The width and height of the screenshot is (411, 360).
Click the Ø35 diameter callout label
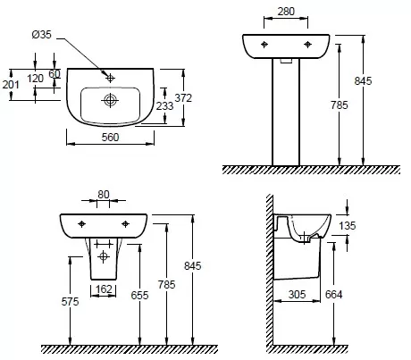(x=41, y=35)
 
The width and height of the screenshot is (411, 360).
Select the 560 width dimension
(x=110, y=138)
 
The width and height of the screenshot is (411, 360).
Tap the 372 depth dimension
(x=183, y=97)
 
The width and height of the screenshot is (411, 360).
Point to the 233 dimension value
(x=164, y=105)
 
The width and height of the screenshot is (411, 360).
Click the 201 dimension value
(x=11, y=85)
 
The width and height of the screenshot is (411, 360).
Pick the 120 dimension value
(x=35, y=79)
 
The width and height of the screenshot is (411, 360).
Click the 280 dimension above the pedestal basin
(x=286, y=12)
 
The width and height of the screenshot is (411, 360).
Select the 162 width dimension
(x=104, y=289)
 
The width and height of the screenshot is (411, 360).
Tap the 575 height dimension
(x=70, y=302)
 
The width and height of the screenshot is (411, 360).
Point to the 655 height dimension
(x=139, y=295)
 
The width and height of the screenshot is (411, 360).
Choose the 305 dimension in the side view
(x=297, y=295)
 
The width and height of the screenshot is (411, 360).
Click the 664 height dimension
(x=333, y=295)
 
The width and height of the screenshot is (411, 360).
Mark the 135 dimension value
(x=348, y=226)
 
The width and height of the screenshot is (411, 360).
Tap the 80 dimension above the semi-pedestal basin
(x=104, y=195)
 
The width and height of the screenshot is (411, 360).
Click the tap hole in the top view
(x=110, y=79)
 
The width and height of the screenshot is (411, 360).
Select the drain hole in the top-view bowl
(x=110, y=100)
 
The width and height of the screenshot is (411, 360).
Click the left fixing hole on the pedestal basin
(x=264, y=45)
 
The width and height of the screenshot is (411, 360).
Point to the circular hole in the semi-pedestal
(x=103, y=256)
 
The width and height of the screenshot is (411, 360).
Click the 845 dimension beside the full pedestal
(x=363, y=81)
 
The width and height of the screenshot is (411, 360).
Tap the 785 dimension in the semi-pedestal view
(x=166, y=285)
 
